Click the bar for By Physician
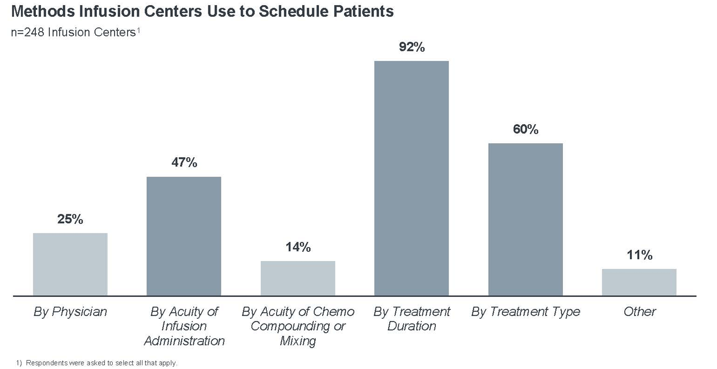click(70, 264)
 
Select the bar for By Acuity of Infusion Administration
click(184, 236)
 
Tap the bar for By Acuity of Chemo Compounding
click(298, 278)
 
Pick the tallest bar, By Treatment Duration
click(411, 178)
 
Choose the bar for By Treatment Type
click(525, 219)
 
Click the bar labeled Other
click(639, 282)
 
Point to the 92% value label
click(412, 47)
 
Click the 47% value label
click(184, 163)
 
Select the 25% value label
click(70, 219)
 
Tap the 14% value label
click(298, 247)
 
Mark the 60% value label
click(525, 129)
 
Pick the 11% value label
click(639, 255)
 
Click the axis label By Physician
click(70, 312)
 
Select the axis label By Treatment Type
click(525, 312)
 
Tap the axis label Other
click(639, 312)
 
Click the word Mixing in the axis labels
click(298, 341)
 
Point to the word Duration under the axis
click(411, 327)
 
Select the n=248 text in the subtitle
click(28, 33)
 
